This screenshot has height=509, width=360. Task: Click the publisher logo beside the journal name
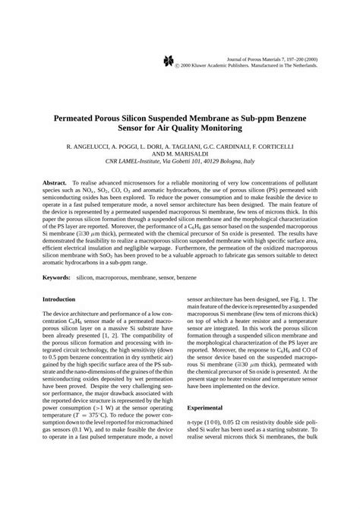pos(168,62)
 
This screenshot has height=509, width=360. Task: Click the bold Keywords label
pos(56,278)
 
